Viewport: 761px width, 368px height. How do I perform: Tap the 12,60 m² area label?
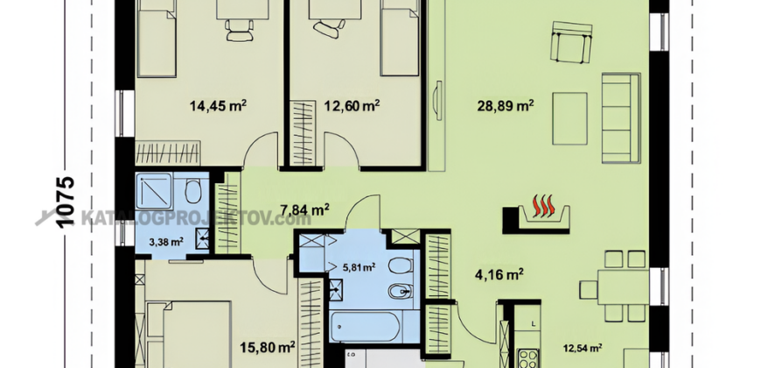(352, 105)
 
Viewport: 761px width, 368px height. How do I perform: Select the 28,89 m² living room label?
(506, 105)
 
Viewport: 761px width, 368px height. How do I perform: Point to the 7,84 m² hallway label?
(305, 210)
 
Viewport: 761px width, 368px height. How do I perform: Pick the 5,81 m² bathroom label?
(360, 266)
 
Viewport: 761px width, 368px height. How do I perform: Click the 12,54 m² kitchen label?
(583, 348)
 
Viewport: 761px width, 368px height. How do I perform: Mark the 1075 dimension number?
(66, 202)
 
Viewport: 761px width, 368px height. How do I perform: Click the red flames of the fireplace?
(543, 206)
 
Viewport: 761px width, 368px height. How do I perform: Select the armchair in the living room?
(572, 42)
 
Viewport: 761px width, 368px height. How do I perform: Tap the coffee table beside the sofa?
(569, 118)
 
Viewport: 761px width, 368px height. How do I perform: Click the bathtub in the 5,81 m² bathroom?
(365, 328)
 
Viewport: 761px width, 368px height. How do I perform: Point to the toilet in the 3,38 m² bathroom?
(193, 191)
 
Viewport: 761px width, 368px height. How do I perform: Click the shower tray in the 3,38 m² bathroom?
(154, 190)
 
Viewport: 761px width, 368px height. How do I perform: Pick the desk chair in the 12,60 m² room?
(329, 28)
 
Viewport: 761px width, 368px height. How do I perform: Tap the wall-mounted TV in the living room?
(438, 100)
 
